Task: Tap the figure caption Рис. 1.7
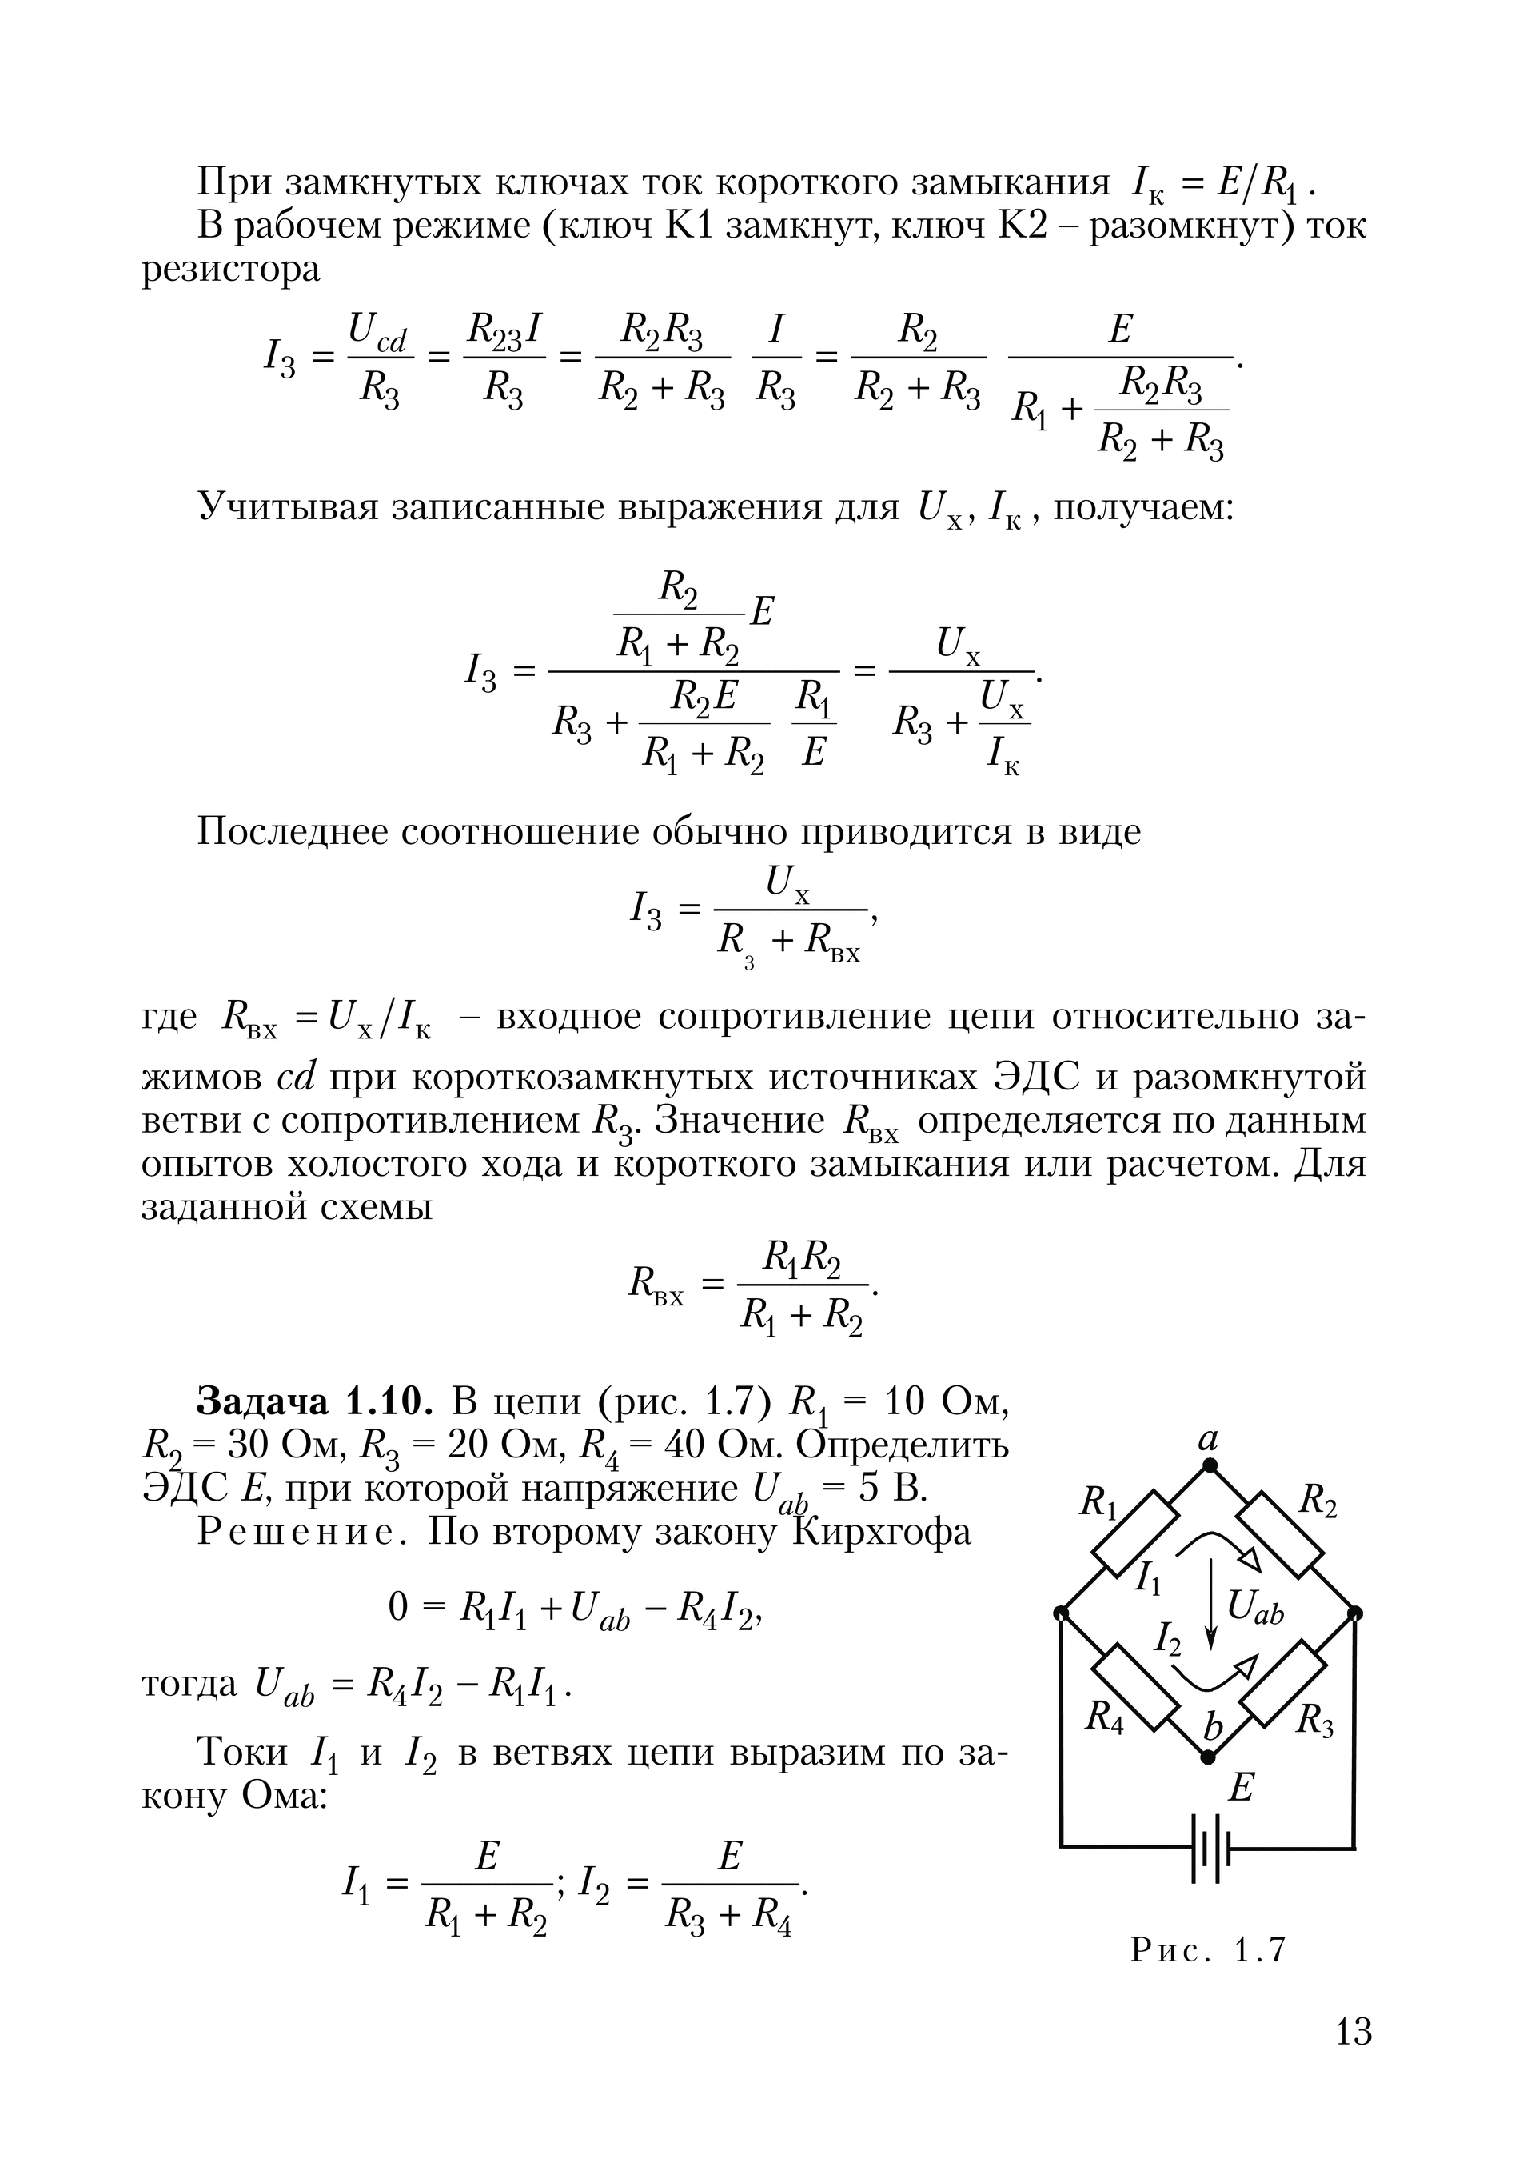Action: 1208,1949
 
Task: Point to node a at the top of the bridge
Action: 1208,1466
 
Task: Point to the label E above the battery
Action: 1240,1788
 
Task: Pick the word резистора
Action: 230,270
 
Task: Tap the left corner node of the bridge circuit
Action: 1061,1612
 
